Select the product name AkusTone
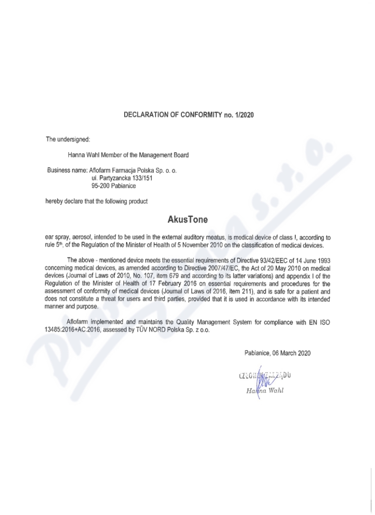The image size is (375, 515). pyautogui.click(x=187, y=219)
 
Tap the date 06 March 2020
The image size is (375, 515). pyautogui.click(x=286, y=353)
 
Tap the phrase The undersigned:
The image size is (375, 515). pyautogui.click(x=65, y=139)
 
